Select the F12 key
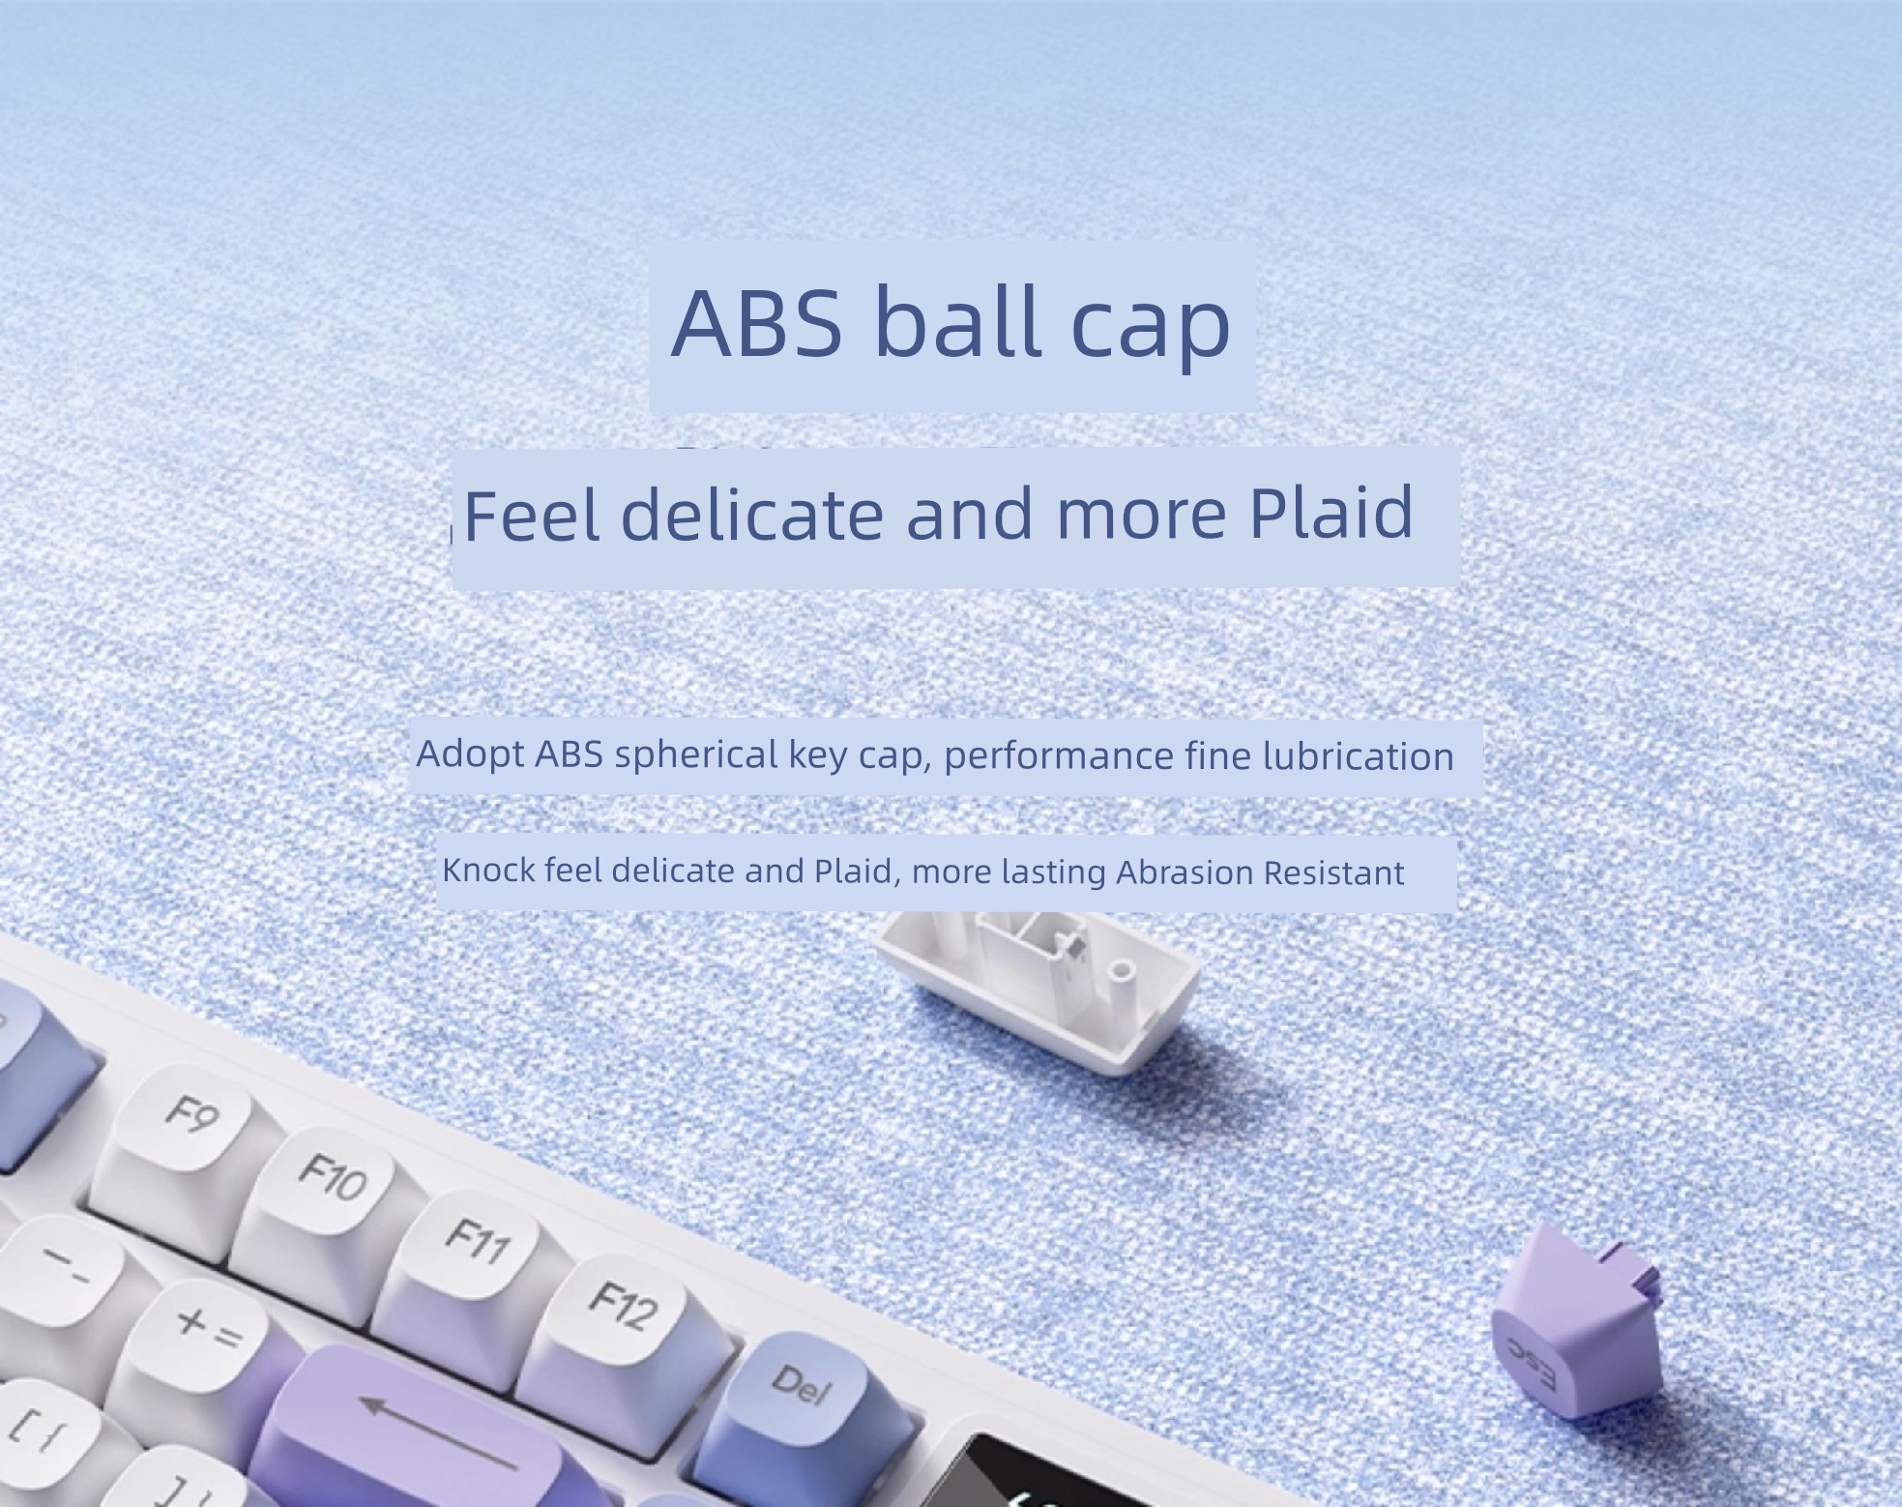click(619, 1320)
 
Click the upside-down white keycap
click(1039, 987)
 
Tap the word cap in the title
click(1150, 330)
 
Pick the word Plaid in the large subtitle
click(1331, 512)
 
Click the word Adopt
click(470, 754)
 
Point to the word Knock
click(488, 870)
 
